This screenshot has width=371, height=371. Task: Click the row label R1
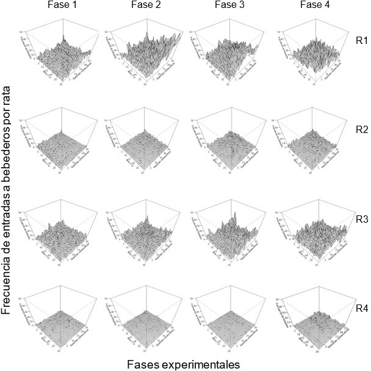coord(361,41)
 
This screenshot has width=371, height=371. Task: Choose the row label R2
coord(361,129)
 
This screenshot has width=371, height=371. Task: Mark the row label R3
coord(361,217)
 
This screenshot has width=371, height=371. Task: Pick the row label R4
coord(361,306)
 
